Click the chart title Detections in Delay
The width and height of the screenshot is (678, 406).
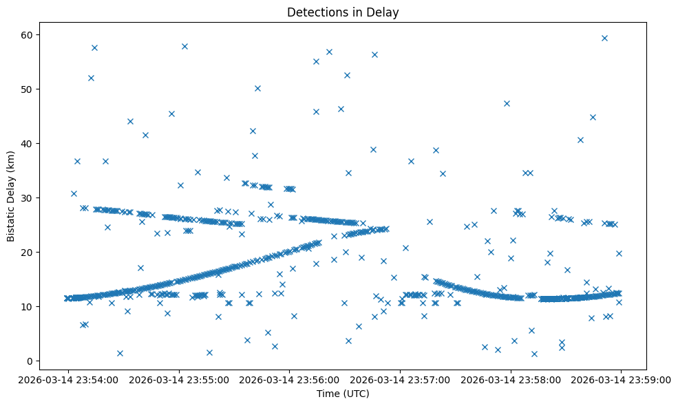pos(343,12)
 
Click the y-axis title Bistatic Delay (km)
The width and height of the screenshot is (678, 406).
pos(11,196)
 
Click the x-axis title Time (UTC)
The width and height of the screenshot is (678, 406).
pos(343,394)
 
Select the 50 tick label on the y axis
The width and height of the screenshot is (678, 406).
pos(30,89)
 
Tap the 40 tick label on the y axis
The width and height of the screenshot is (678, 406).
pos(30,144)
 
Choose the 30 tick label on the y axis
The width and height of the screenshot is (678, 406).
pos(30,198)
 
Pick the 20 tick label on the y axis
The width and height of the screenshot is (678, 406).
pos(30,253)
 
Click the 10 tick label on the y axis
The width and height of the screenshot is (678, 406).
pos(30,307)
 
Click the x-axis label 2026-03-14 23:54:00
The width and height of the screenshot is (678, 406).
pos(67,379)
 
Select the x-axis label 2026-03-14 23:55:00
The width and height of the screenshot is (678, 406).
pos(178,379)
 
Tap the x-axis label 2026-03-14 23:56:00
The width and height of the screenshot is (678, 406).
pos(289,379)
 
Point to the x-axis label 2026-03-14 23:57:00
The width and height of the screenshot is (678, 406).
pos(400,379)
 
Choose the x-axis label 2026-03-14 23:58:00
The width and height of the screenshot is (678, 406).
pos(511,379)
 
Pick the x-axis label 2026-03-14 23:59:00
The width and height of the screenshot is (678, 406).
pos(621,379)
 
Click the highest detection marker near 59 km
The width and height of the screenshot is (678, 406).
pos(604,38)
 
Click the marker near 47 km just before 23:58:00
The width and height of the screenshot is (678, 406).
pos(507,103)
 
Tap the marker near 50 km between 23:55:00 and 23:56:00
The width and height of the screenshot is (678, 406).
pos(257,88)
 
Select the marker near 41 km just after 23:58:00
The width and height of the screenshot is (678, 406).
pos(580,140)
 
